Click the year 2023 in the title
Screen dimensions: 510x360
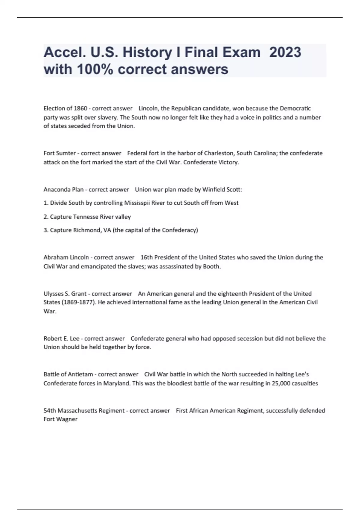[x=285, y=52]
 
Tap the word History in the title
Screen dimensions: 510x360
[x=147, y=52]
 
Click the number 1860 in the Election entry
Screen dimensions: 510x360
[x=80, y=108]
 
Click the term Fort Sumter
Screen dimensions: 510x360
[x=60, y=153]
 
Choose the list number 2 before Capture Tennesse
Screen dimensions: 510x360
[x=46, y=217]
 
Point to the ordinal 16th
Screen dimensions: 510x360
[x=146, y=257]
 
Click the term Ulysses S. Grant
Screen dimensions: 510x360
[x=65, y=294]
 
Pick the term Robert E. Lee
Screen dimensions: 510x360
[x=61, y=339]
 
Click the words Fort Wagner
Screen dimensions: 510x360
[x=61, y=419]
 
